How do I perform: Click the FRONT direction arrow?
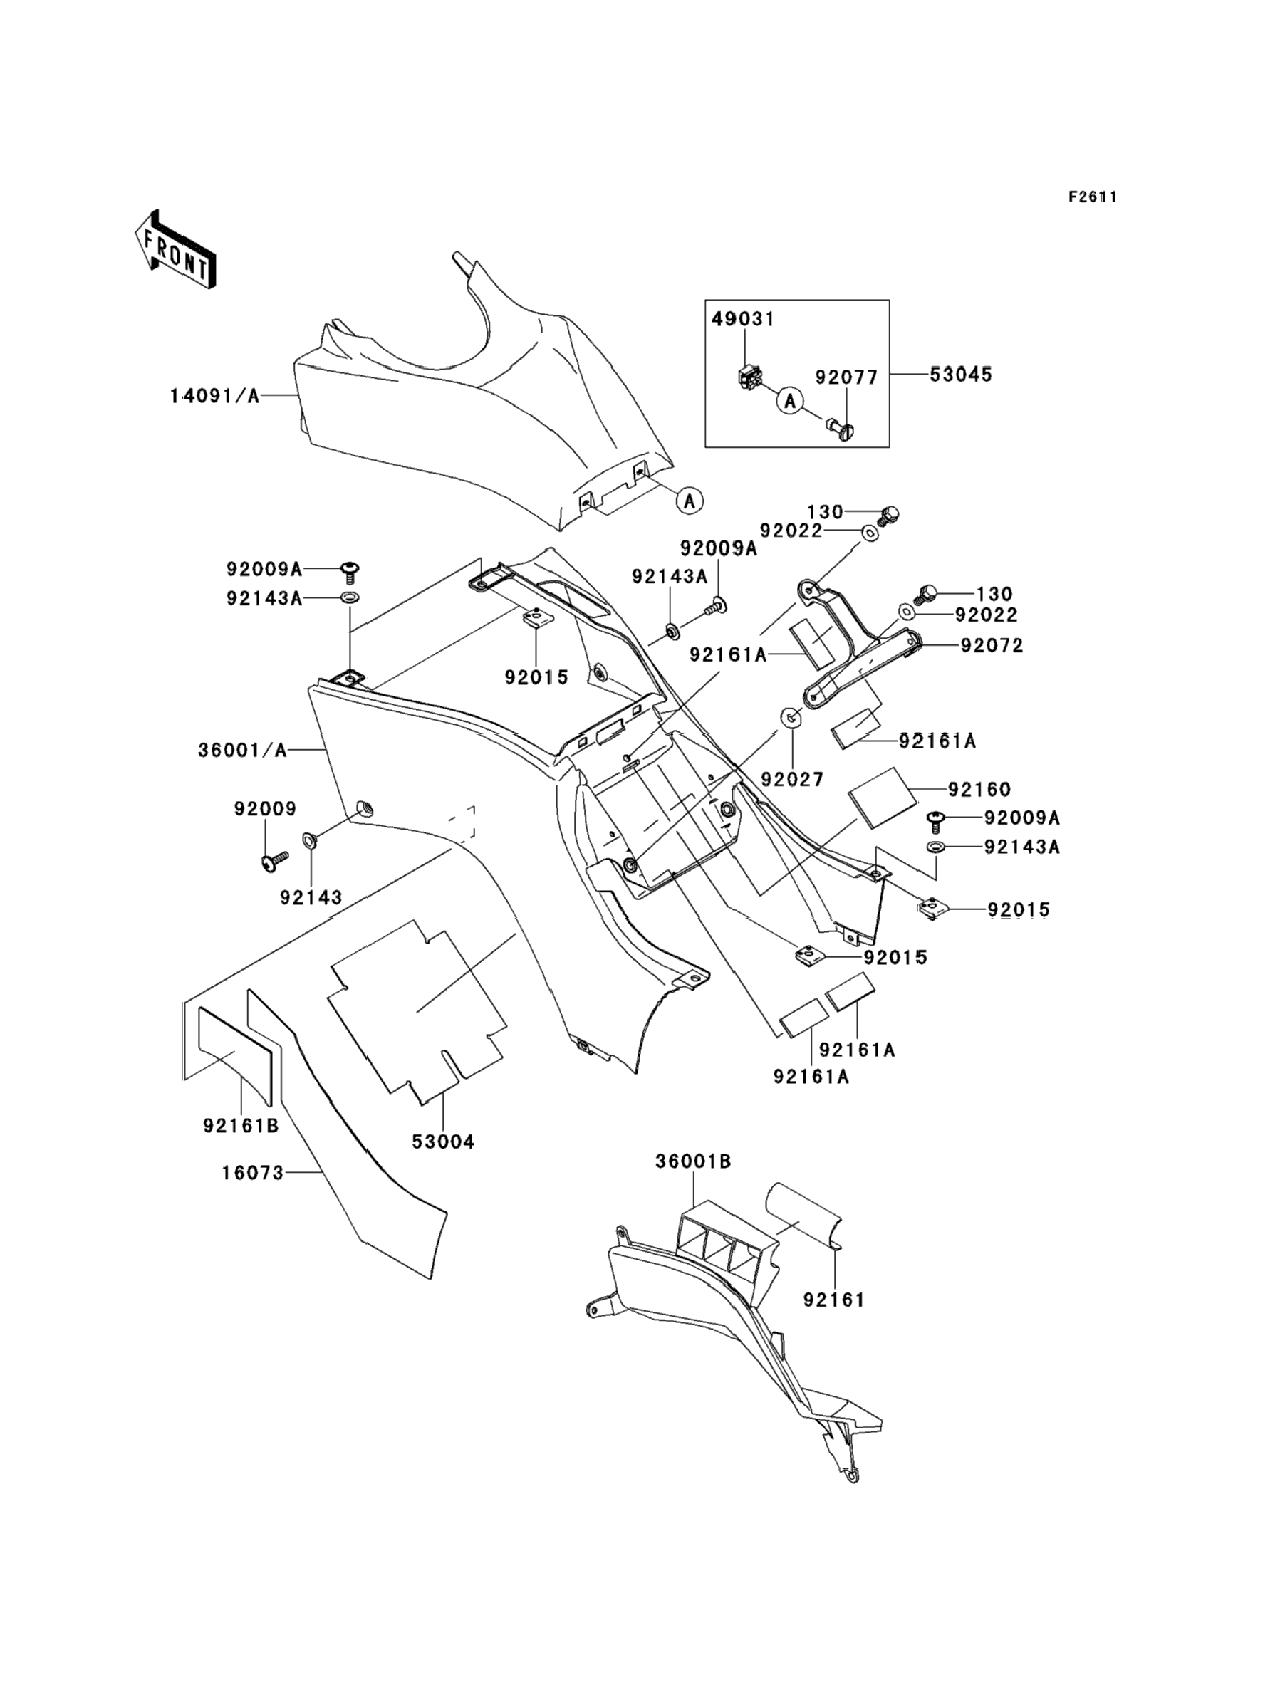175,249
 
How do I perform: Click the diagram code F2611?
1093,197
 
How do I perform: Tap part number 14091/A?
215,395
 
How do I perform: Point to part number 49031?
744,319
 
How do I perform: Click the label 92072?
992,645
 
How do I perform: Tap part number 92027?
791,779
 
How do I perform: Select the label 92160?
980,789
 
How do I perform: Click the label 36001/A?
242,751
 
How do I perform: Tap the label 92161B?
241,1126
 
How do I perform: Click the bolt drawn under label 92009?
273,860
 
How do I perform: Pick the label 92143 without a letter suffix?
311,897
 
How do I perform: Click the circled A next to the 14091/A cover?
690,501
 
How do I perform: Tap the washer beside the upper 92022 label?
870,532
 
